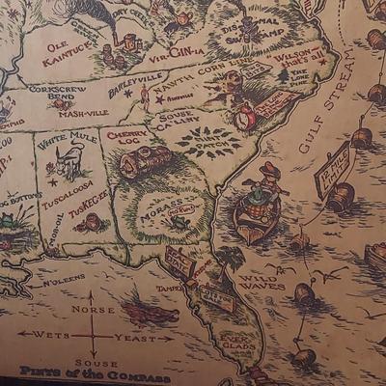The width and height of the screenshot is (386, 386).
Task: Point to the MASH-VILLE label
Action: (x=82, y=113)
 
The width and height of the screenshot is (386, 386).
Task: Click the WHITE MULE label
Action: (x=67, y=138)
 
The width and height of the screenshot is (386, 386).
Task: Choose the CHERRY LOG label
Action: (x=127, y=138)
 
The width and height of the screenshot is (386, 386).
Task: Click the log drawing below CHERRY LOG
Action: (x=145, y=161)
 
